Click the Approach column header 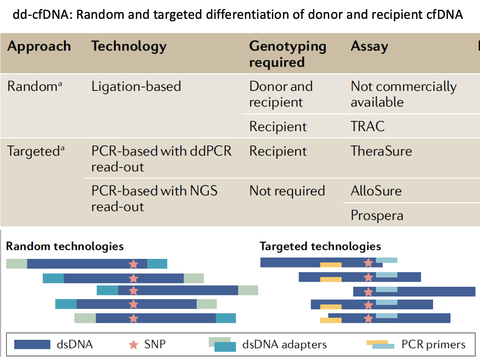pos(39,46)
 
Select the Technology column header pos(129,46)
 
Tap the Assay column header pos(369,46)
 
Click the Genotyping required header pos(287,54)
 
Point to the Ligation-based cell pos(136,86)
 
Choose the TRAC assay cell pos(368,126)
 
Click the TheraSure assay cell pos(381,151)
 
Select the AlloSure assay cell pos(376,191)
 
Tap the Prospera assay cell pos(377,215)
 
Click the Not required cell pos(287,191)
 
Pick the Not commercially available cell pos(404,94)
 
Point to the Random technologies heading pos(65,246)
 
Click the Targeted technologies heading pos(320,246)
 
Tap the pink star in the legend pos(133,344)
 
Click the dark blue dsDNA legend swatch pos(32,344)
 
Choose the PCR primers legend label pos(433,344)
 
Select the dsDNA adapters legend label pos(284,344)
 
